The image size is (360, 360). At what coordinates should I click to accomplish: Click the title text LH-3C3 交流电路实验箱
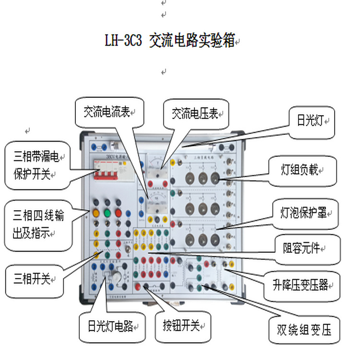tap(171, 40)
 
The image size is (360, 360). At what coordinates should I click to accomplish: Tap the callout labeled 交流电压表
tap(196, 113)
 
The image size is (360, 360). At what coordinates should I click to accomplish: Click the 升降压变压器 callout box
tap(300, 285)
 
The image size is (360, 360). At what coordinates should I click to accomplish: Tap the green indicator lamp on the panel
tap(107, 212)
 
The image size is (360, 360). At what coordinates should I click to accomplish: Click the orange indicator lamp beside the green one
tap(96, 212)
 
